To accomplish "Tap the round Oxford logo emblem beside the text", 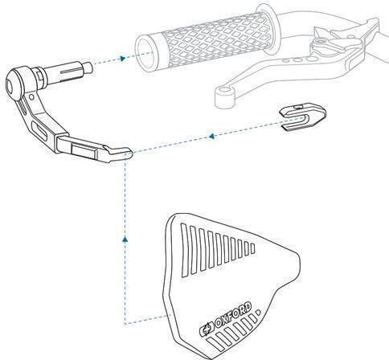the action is tap(207, 329).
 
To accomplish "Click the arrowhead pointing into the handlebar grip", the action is tap(123, 59).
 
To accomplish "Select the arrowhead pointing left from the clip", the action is tap(211, 136).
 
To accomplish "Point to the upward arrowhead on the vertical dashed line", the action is tap(125, 239).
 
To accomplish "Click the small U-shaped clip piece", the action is tap(303, 117).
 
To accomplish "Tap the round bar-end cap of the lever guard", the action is tap(15, 84).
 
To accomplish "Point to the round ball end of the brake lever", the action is tap(224, 97).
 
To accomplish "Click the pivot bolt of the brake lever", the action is tap(319, 42).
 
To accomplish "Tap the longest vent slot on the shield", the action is tap(185, 250).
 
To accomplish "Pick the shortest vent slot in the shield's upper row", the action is tap(252, 248).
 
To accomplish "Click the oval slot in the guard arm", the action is tap(39, 130).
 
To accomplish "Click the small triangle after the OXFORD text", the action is tap(258, 313).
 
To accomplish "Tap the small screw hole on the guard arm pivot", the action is tap(31, 96).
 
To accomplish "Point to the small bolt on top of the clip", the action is tap(297, 107).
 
